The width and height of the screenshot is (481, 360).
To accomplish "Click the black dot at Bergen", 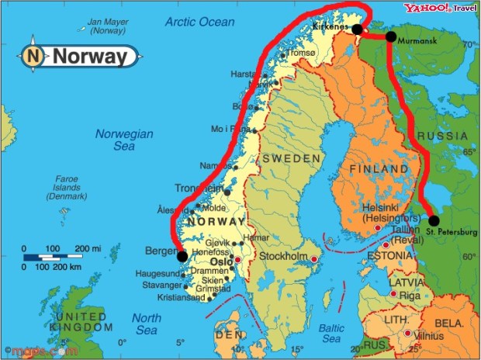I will pyautogui.click(x=182, y=256).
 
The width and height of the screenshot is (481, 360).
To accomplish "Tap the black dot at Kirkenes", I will pyautogui.click(x=357, y=29).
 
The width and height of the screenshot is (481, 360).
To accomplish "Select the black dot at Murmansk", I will pyautogui.click(x=391, y=36).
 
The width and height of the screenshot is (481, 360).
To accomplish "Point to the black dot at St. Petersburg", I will pyautogui.click(x=434, y=220).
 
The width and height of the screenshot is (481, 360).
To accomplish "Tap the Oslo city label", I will pyautogui.click(x=222, y=261).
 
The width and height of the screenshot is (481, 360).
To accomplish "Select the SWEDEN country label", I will pyautogui.click(x=290, y=158).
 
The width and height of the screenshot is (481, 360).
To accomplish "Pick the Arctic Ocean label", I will pyautogui.click(x=199, y=22).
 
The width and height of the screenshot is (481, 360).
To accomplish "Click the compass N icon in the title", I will pyautogui.click(x=33, y=56).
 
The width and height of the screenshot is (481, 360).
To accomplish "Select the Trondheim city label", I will pyautogui.click(x=199, y=189).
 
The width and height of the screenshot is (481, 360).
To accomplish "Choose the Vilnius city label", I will pyautogui.click(x=427, y=336).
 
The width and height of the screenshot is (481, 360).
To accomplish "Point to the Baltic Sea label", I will pyautogui.click(x=331, y=334).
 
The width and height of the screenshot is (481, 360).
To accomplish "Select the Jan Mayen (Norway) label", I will pyautogui.click(x=108, y=26).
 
